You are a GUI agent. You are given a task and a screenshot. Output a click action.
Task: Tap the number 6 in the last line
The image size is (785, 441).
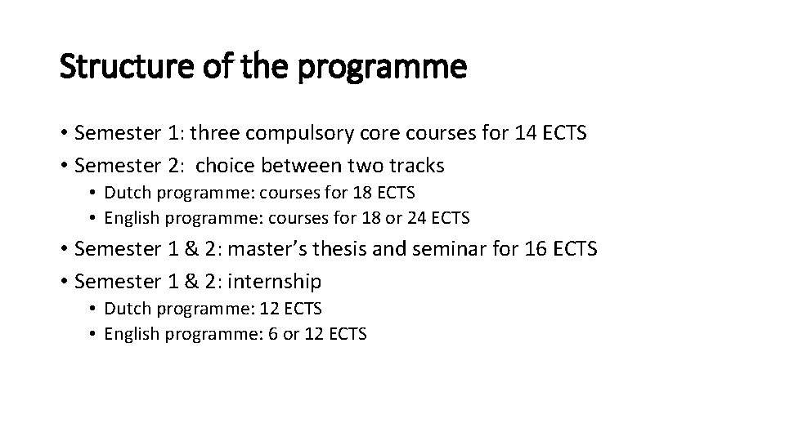tap(272, 334)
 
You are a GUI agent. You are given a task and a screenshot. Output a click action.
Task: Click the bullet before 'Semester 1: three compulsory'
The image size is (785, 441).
tap(64, 133)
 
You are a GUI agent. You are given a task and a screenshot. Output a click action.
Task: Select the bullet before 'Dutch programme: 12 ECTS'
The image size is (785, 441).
tap(95, 309)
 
